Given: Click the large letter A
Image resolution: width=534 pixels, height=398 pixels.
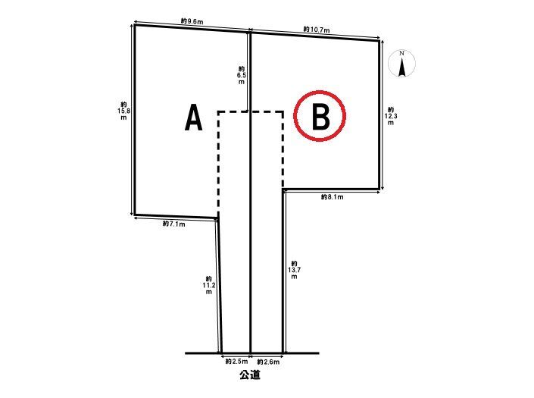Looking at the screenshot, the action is pos(193,118).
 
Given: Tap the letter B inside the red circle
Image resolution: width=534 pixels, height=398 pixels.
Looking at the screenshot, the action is pos(320,118).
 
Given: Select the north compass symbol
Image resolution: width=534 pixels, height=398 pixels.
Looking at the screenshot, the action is pos(402,64).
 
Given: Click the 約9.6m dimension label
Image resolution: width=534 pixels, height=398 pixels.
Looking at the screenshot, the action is pos(192,21).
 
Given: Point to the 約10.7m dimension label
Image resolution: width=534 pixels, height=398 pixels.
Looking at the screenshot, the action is pos(317,30).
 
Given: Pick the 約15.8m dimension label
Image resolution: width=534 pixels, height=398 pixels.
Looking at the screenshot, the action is pos(123,111).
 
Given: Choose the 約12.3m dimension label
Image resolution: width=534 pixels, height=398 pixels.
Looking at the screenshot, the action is pos(391,116).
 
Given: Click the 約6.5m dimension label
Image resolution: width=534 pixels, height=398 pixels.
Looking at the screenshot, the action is pos(242,75).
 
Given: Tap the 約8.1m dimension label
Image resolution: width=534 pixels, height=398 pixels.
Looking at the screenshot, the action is pos(332,197).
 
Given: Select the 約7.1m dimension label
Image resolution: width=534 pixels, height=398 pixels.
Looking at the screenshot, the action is pos(174,224).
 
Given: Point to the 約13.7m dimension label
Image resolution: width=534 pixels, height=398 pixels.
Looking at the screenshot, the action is pos(294,270).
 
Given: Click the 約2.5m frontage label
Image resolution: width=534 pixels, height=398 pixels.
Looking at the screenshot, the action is pos(236,362).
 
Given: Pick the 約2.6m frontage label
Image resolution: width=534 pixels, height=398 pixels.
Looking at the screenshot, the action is pos(268,362).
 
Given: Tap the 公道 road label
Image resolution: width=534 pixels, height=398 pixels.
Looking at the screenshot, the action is pos(250,375).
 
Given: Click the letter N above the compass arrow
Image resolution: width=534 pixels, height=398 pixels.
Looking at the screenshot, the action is pos(402,53).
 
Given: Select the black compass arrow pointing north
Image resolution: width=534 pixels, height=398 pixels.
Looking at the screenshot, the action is pos(402,67).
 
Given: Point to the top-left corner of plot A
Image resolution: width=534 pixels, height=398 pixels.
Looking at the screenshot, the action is pos(135,24).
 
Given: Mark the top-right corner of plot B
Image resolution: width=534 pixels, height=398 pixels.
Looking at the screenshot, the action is pos(379,40).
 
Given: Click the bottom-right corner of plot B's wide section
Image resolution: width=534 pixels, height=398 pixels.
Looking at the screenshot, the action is pos(379,189).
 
